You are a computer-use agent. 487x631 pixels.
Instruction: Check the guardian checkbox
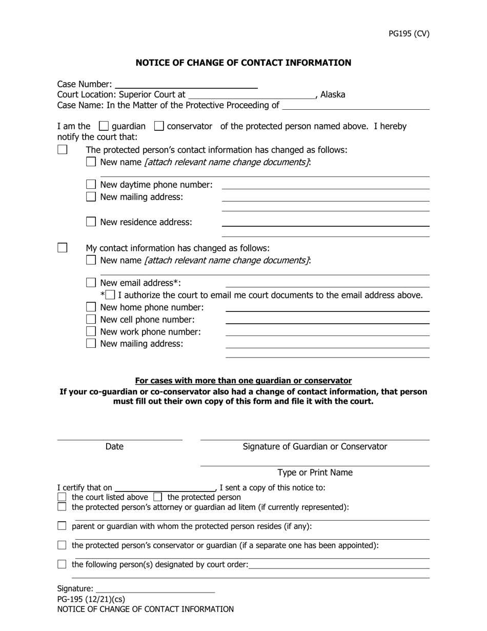(104, 126)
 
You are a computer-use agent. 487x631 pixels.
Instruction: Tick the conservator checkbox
(159, 126)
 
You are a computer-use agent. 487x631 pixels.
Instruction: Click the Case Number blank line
(186, 84)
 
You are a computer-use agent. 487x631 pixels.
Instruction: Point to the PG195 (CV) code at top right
(409, 34)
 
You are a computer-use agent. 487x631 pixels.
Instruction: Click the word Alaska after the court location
(333, 94)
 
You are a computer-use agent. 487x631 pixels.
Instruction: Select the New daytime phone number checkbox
(91, 184)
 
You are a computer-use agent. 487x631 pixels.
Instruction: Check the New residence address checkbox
(91, 222)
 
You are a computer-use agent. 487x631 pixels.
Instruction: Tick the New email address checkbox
(91, 283)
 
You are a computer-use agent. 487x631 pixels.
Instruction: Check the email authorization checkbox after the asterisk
(110, 295)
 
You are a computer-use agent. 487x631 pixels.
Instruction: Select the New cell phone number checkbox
(91, 320)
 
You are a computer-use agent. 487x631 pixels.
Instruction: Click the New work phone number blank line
(327, 332)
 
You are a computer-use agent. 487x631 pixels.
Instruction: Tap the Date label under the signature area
(114, 447)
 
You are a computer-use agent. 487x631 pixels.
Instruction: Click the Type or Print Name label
(315, 472)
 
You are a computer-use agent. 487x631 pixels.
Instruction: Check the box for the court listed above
(62, 497)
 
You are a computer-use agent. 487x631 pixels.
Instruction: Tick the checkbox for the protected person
(158, 497)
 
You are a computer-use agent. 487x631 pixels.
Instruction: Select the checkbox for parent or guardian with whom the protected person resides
(62, 526)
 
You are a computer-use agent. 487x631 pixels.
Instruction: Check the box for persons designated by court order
(62, 564)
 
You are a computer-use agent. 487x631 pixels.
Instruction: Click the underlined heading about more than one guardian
(243, 381)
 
